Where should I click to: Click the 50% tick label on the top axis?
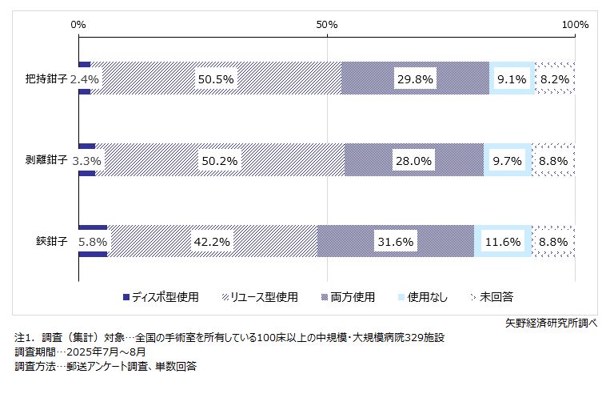point(327,25)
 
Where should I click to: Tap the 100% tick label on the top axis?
point(575,25)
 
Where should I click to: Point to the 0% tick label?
point(78,25)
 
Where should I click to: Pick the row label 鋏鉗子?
point(52,241)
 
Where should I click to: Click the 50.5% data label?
point(216,78)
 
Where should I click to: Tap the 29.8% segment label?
point(416,78)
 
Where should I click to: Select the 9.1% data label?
point(512,78)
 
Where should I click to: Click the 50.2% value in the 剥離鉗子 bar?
point(220,160)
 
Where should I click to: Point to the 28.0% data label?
point(413,160)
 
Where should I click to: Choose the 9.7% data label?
point(508,160)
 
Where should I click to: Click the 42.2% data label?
point(213,241)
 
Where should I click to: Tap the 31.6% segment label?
point(396,241)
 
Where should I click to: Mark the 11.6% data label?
point(503,241)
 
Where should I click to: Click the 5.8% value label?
point(93,241)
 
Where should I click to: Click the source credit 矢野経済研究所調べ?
point(551,324)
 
